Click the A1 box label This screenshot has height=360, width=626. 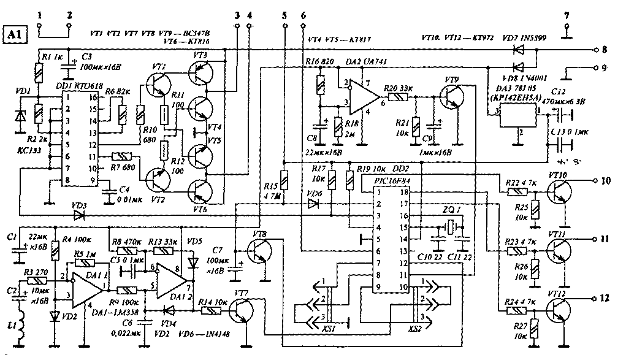pos(15,35)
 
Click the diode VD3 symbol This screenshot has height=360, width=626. pos(77,215)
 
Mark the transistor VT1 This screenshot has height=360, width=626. pos(158,86)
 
